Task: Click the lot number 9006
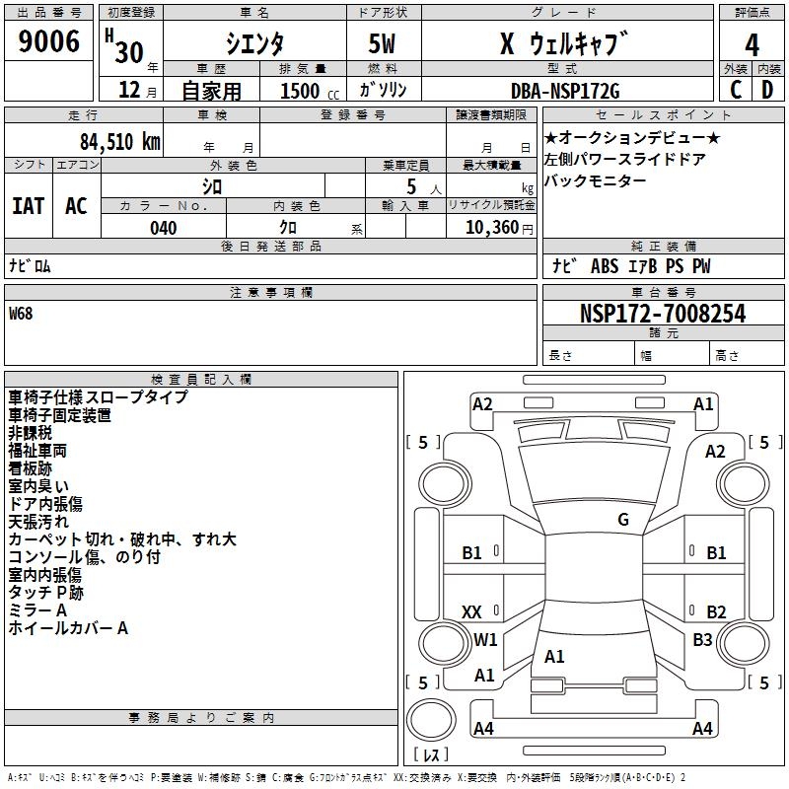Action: pos(49,42)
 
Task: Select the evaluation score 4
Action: pos(753,45)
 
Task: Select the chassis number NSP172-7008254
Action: pos(663,314)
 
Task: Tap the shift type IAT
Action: pos(28,206)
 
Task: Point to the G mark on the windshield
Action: pos(622,520)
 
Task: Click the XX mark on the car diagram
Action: pos(471,612)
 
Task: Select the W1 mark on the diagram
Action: pos(485,640)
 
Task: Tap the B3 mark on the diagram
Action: pos(701,640)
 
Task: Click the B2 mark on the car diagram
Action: pos(716,612)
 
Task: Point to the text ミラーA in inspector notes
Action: pos(37,610)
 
